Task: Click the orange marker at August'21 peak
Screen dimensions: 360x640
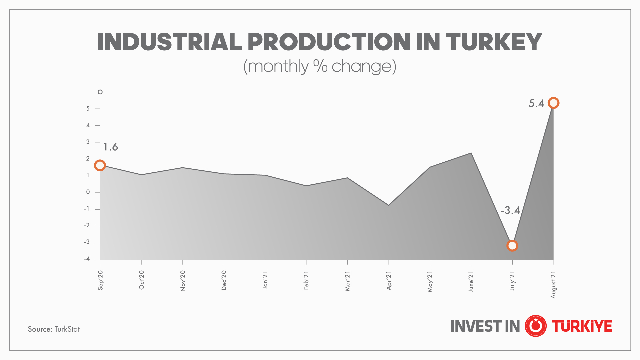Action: tap(553, 103)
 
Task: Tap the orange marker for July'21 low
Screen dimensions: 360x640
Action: tap(512, 246)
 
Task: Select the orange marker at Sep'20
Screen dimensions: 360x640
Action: tap(100, 165)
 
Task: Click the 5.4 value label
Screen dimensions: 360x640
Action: tap(536, 103)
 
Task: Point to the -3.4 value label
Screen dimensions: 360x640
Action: tap(510, 210)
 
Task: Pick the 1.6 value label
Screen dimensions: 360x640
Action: tap(110, 147)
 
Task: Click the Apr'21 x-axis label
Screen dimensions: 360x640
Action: tap(389, 280)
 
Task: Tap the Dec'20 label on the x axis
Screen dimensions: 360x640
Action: tap(224, 280)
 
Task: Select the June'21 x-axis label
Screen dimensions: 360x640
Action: tap(471, 282)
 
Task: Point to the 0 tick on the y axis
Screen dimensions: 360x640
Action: tap(88, 192)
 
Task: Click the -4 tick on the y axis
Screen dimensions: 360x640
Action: tap(87, 259)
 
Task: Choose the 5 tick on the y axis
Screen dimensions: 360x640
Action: tap(88, 109)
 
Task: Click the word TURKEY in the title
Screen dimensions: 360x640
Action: tap(494, 42)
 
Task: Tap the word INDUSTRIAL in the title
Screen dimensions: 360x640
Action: tap(169, 42)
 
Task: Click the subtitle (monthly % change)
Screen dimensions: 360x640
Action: tap(320, 66)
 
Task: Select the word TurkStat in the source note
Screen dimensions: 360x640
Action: tap(67, 329)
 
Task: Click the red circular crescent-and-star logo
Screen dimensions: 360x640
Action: tap(535, 326)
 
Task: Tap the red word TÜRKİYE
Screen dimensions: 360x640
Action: tap(582, 326)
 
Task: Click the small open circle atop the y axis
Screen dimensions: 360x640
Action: tap(100, 92)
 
